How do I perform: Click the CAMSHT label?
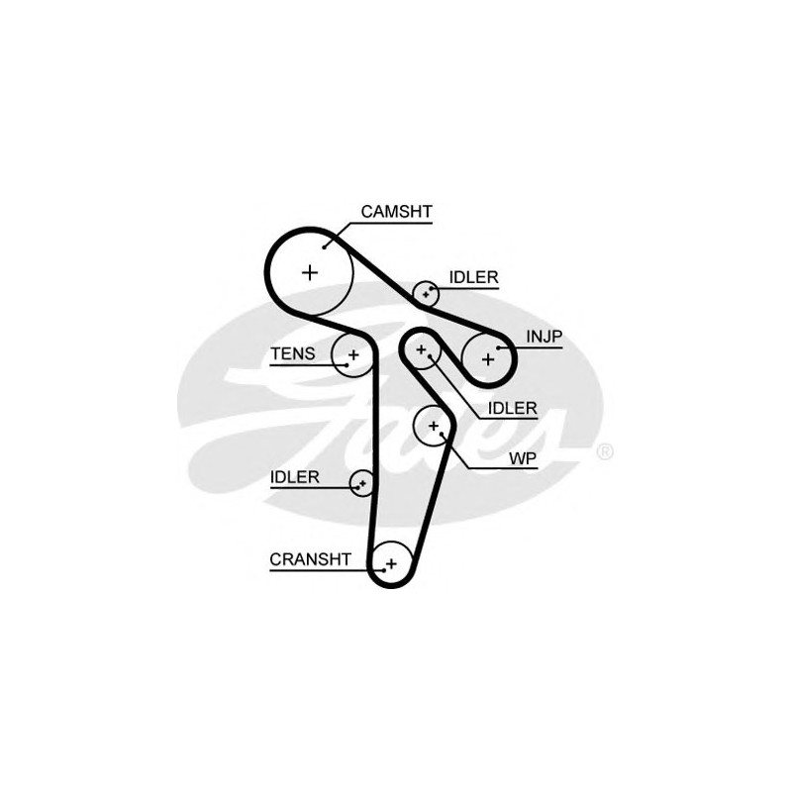tap(397, 212)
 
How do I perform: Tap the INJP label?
tap(544, 337)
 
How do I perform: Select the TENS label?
tap(293, 354)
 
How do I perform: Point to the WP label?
tap(523, 458)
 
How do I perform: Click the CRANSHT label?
tap(310, 559)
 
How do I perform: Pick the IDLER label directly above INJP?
tap(474, 277)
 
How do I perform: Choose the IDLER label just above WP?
tap(512, 409)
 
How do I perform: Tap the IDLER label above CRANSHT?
tap(295, 477)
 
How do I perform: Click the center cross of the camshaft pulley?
tap(310, 273)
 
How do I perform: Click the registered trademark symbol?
tap(605, 452)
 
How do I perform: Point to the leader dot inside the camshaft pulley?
tap(325, 247)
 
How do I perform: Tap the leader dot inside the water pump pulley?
tap(442, 434)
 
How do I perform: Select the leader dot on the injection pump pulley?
tap(498, 348)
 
